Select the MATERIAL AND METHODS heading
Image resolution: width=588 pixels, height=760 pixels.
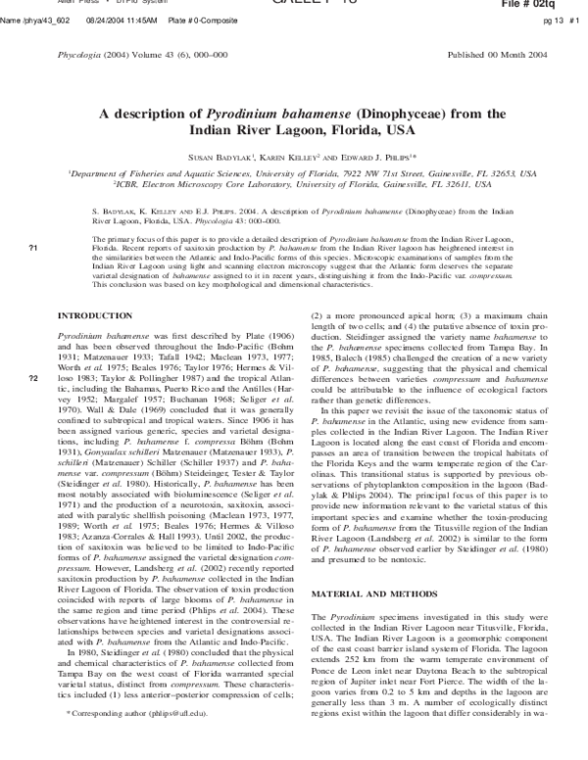point(362,566)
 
